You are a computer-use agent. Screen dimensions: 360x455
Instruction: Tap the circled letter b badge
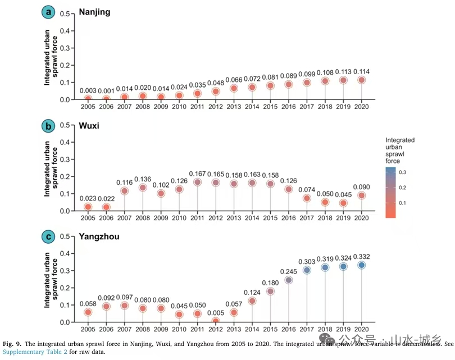pyautogui.click(x=49, y=126)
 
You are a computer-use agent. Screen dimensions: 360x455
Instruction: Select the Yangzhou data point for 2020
pyautogui.click(x=361, y=265)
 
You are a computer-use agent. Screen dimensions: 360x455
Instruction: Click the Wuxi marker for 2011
pyautogui.click(x=197, y=182)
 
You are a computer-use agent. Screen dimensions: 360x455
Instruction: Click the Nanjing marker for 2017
pyautogui.click(x=307, y=83)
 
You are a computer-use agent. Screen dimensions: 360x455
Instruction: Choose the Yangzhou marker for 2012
pyautogui.click(x=216, y=321)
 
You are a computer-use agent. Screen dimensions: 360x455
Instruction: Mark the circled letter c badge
pyautogui.click(x=49, y=237)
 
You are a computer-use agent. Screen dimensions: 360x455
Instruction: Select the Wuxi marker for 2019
pyautogui.click(x=343, y=203)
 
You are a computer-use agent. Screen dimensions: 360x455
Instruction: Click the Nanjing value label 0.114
pyautogui.click(x=361, y=71)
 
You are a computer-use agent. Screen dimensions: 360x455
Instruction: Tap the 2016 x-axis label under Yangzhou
pyautogui.click(x=289, y=330)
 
